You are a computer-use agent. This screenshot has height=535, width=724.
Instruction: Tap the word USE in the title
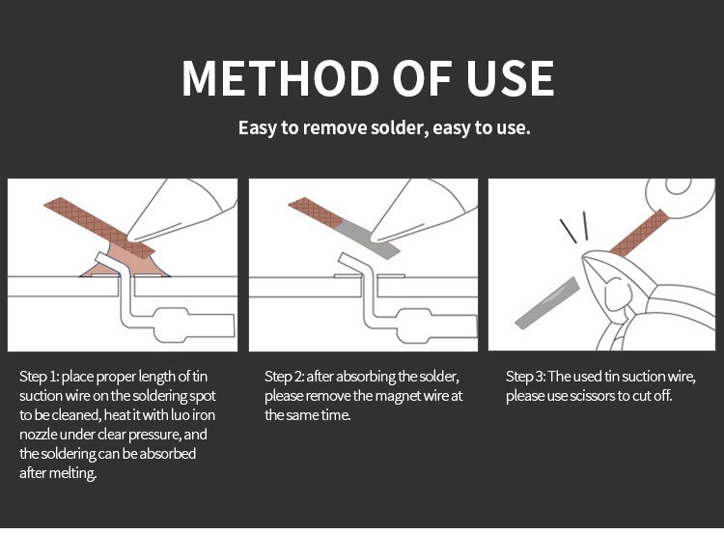click(510, 78)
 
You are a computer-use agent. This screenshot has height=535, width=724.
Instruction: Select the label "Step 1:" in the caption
click(39, 377)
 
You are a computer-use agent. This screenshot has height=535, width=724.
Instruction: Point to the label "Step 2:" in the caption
click(285, 377)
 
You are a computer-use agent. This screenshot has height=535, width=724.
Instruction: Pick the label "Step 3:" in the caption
click(525, 377)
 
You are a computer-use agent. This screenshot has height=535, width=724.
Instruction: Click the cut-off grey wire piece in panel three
click(547, 303)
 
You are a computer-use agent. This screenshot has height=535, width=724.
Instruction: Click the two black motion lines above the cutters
click(575, 227)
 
